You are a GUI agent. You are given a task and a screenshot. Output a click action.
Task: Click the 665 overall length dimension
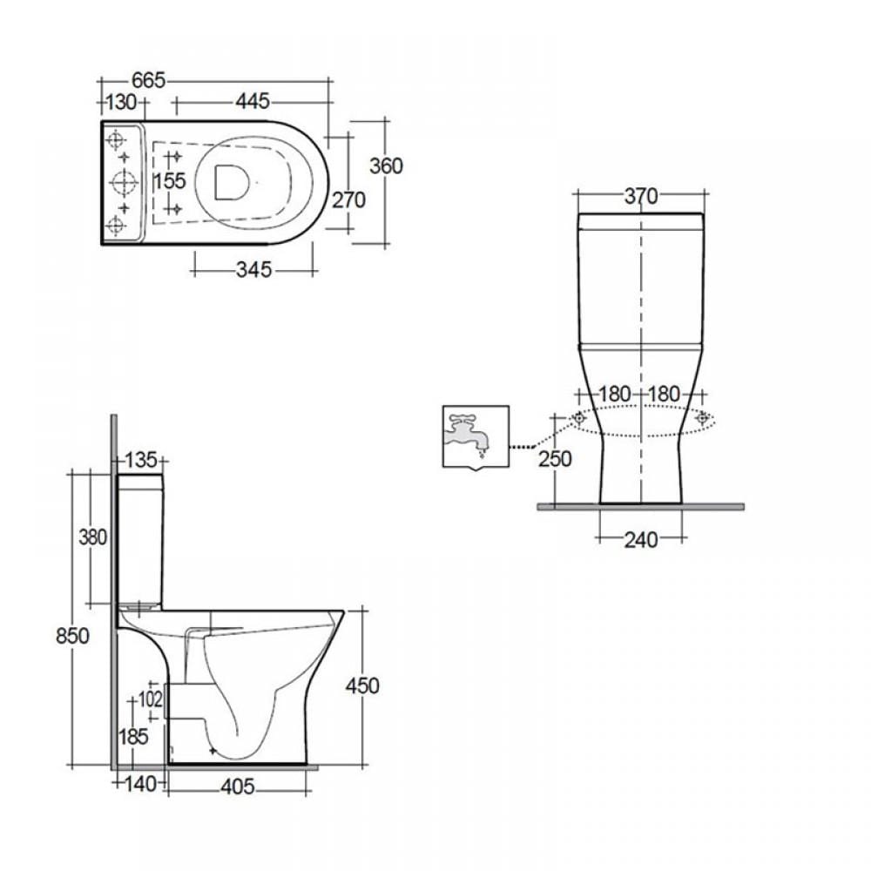click(148, 80)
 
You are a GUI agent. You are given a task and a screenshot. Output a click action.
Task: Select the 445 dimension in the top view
click(253, 101)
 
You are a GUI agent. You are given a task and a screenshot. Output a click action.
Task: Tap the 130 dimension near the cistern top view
click(121, 102)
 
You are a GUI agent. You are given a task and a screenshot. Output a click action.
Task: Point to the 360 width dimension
click(386, 165)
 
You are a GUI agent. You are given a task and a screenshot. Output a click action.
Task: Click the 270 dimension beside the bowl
click(349, 200)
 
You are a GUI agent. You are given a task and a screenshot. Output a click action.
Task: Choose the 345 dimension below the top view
click(253, 270)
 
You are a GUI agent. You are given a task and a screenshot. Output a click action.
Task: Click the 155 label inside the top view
click(170, 181)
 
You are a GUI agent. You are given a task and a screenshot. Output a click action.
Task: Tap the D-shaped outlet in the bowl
click(231, 182)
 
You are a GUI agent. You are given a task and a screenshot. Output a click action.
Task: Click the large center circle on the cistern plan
click(124, 182)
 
